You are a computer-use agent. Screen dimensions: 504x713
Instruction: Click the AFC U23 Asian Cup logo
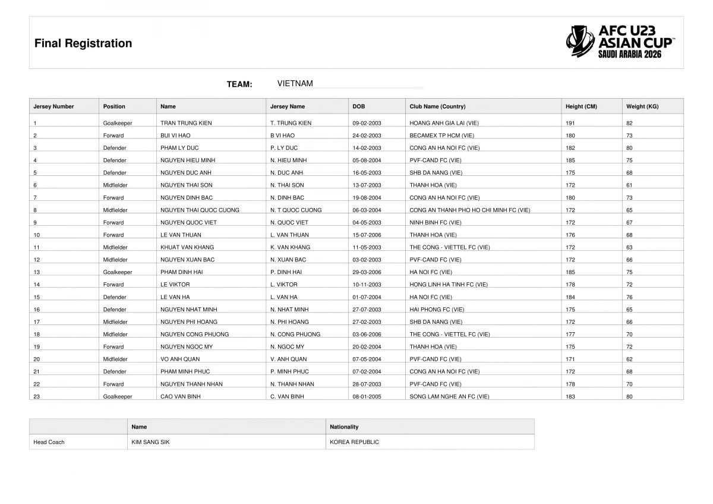[x=620, y=41]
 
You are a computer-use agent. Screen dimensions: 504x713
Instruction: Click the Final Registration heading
[x=83, y=43]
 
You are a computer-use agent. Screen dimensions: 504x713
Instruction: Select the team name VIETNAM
[x=295, y=84]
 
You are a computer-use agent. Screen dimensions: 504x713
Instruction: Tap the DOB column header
[x=359, y=107]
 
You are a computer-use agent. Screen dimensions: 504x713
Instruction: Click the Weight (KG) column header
[x=642, y=107]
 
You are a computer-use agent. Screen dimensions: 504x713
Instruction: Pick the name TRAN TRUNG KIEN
[x=186, y=123]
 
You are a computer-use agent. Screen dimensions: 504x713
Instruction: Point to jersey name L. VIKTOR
[x=284, y=285]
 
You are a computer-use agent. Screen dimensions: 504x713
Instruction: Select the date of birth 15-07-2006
[x=367, y=235]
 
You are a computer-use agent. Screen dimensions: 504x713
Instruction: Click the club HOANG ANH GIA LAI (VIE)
[x=444, y=123]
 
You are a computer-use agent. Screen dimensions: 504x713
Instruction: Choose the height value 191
[x=570, y=123]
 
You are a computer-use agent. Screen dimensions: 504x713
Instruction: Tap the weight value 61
[x=629, y=185]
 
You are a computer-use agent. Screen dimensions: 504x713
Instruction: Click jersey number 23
[x=37, y=396]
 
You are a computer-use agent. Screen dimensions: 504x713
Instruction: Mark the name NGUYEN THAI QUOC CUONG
[x=200, y=210]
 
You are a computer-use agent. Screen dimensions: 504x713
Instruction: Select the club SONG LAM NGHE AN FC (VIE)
[x=449, y=396]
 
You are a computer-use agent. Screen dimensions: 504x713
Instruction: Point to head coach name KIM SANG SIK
[x=150, y=442]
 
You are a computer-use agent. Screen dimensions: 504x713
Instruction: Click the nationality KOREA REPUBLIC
[x=354, y=442]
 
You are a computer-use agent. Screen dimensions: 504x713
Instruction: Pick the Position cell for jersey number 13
[x=118, y=272]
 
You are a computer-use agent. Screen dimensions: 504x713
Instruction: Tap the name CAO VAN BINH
[x=181, y=396]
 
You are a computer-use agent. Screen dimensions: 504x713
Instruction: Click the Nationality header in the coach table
[x=344, y=427]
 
